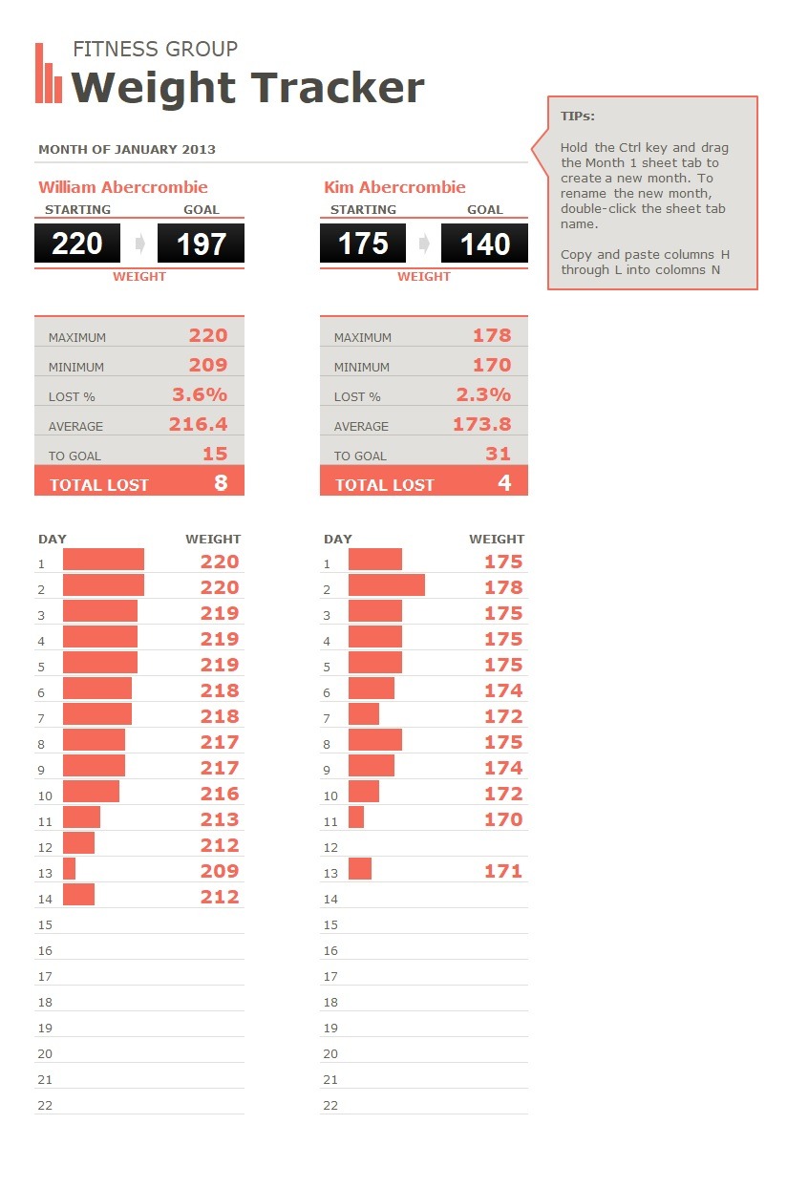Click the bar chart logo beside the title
point(49,74)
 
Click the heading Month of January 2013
point(127,149)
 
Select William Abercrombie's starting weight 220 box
point(77,244)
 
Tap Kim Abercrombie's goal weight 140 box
point(484,244)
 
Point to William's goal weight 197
point(202,244)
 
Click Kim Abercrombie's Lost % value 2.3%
point(482,394)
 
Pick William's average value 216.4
point(199,424)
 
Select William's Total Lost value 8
point(221,483)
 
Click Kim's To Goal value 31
point(498,454)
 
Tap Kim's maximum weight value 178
point(492,335)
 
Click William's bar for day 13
point(70,869)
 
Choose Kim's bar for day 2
point(387,585)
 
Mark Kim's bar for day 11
point(356,817)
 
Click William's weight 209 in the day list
point(220,871)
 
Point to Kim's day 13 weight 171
point(503,871)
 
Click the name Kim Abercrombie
point(395,187)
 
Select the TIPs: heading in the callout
point(578,117)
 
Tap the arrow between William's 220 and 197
point(140,244)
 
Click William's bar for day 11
point(81,817)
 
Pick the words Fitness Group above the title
point(155,50)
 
